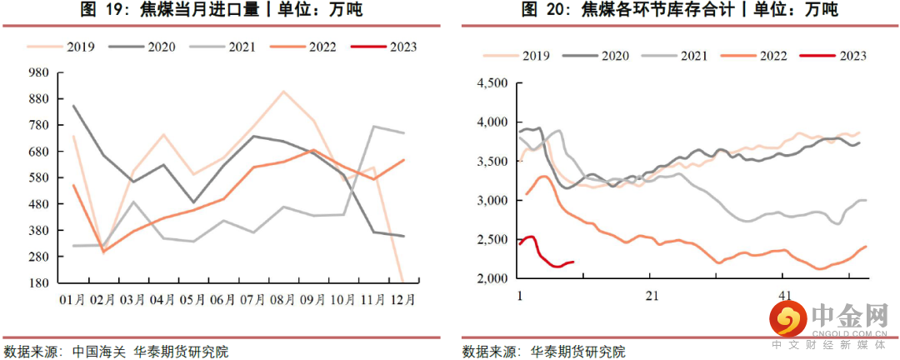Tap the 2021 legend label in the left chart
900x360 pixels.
235,47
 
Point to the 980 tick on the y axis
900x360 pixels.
38,72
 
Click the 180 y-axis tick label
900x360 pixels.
38,282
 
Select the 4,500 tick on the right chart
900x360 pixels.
491,83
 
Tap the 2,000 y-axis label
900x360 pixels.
491,278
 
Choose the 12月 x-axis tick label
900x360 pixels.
403,297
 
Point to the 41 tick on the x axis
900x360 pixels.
784,295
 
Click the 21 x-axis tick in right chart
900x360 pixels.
652,295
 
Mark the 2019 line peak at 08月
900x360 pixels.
283,92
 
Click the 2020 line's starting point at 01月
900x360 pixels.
74,106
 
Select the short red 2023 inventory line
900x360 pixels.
546,259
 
